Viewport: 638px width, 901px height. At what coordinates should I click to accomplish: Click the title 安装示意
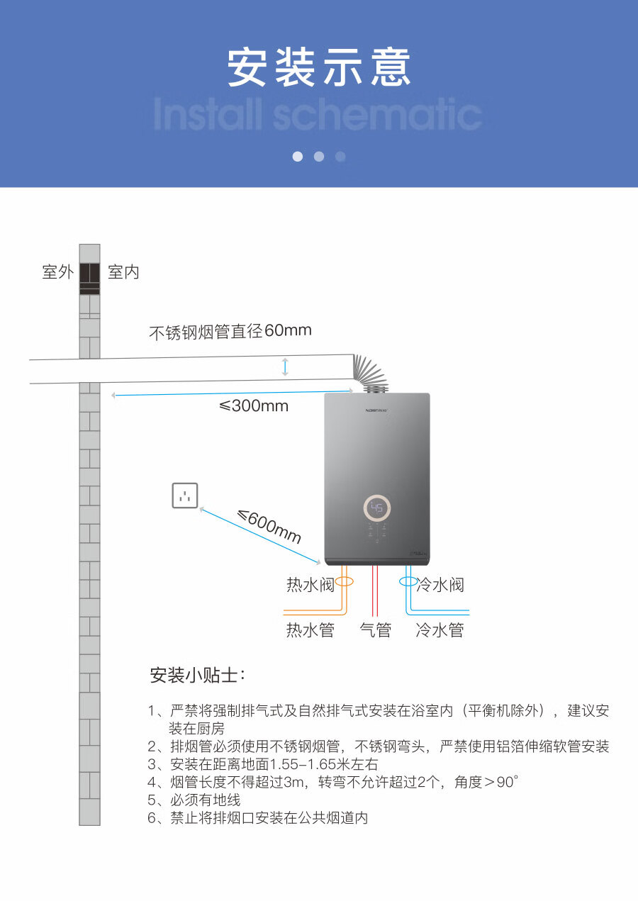318,67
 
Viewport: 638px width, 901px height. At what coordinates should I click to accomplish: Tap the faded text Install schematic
318,114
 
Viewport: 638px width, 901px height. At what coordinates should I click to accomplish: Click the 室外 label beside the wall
58,272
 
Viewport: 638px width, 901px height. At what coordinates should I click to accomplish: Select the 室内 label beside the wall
123,272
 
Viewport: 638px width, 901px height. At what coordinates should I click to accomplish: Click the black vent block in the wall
89,279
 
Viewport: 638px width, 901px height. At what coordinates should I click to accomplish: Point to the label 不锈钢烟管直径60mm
230,332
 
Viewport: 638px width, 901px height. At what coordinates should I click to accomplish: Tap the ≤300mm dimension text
254,406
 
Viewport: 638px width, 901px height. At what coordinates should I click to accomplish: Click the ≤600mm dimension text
269,526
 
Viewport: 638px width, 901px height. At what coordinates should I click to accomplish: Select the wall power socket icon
185,495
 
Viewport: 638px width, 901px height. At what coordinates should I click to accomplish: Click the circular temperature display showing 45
377,508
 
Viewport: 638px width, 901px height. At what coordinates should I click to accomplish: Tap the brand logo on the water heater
376,410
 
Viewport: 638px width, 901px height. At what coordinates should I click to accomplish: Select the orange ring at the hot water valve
344,581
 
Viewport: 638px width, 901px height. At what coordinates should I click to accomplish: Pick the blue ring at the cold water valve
408,581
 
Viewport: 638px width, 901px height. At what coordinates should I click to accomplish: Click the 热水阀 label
310,585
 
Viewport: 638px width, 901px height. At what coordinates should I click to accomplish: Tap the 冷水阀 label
440,585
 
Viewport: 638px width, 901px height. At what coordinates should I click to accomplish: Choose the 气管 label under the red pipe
375,630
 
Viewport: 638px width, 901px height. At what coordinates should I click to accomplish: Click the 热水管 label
310,630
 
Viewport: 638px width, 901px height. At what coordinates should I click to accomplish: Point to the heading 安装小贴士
197,676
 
